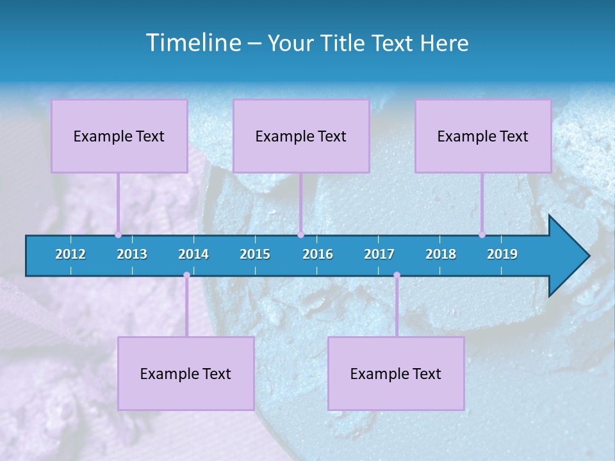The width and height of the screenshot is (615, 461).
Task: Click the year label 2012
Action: click(x=70, y=254)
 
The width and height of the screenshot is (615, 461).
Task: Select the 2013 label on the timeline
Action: click(x=132, y=254)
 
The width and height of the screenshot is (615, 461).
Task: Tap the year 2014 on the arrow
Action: click(x=193, y=254)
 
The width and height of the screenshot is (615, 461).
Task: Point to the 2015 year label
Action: click(x=255, y=254)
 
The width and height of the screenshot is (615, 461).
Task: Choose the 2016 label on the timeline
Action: click(x=318, y=254)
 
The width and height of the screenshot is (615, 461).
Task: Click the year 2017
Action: click(x=379, y=254)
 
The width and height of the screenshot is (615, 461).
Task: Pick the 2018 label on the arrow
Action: click(x=441, y=254)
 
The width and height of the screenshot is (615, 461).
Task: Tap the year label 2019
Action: click(x=502, y=254)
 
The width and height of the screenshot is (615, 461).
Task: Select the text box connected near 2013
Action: click(x=119, y=136)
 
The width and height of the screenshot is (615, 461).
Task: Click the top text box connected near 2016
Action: click(x=301, y=136)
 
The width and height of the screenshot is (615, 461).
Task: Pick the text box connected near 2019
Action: click(x=483, y=136)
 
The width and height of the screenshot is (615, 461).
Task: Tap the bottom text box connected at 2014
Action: click(x=186, y=373)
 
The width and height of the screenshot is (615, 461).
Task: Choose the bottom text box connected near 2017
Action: click(x=396, y=373)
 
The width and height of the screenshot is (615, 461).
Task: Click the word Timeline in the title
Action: click(x=192, y=43)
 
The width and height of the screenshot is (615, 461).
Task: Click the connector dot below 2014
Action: click(x=186, y=275)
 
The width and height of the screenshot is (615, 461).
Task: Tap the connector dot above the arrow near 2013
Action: click(x=118, y=234)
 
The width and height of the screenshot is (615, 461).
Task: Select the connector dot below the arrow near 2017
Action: click(x=397, y=275)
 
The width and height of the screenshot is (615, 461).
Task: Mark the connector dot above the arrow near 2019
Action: click(x=482, y=234)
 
